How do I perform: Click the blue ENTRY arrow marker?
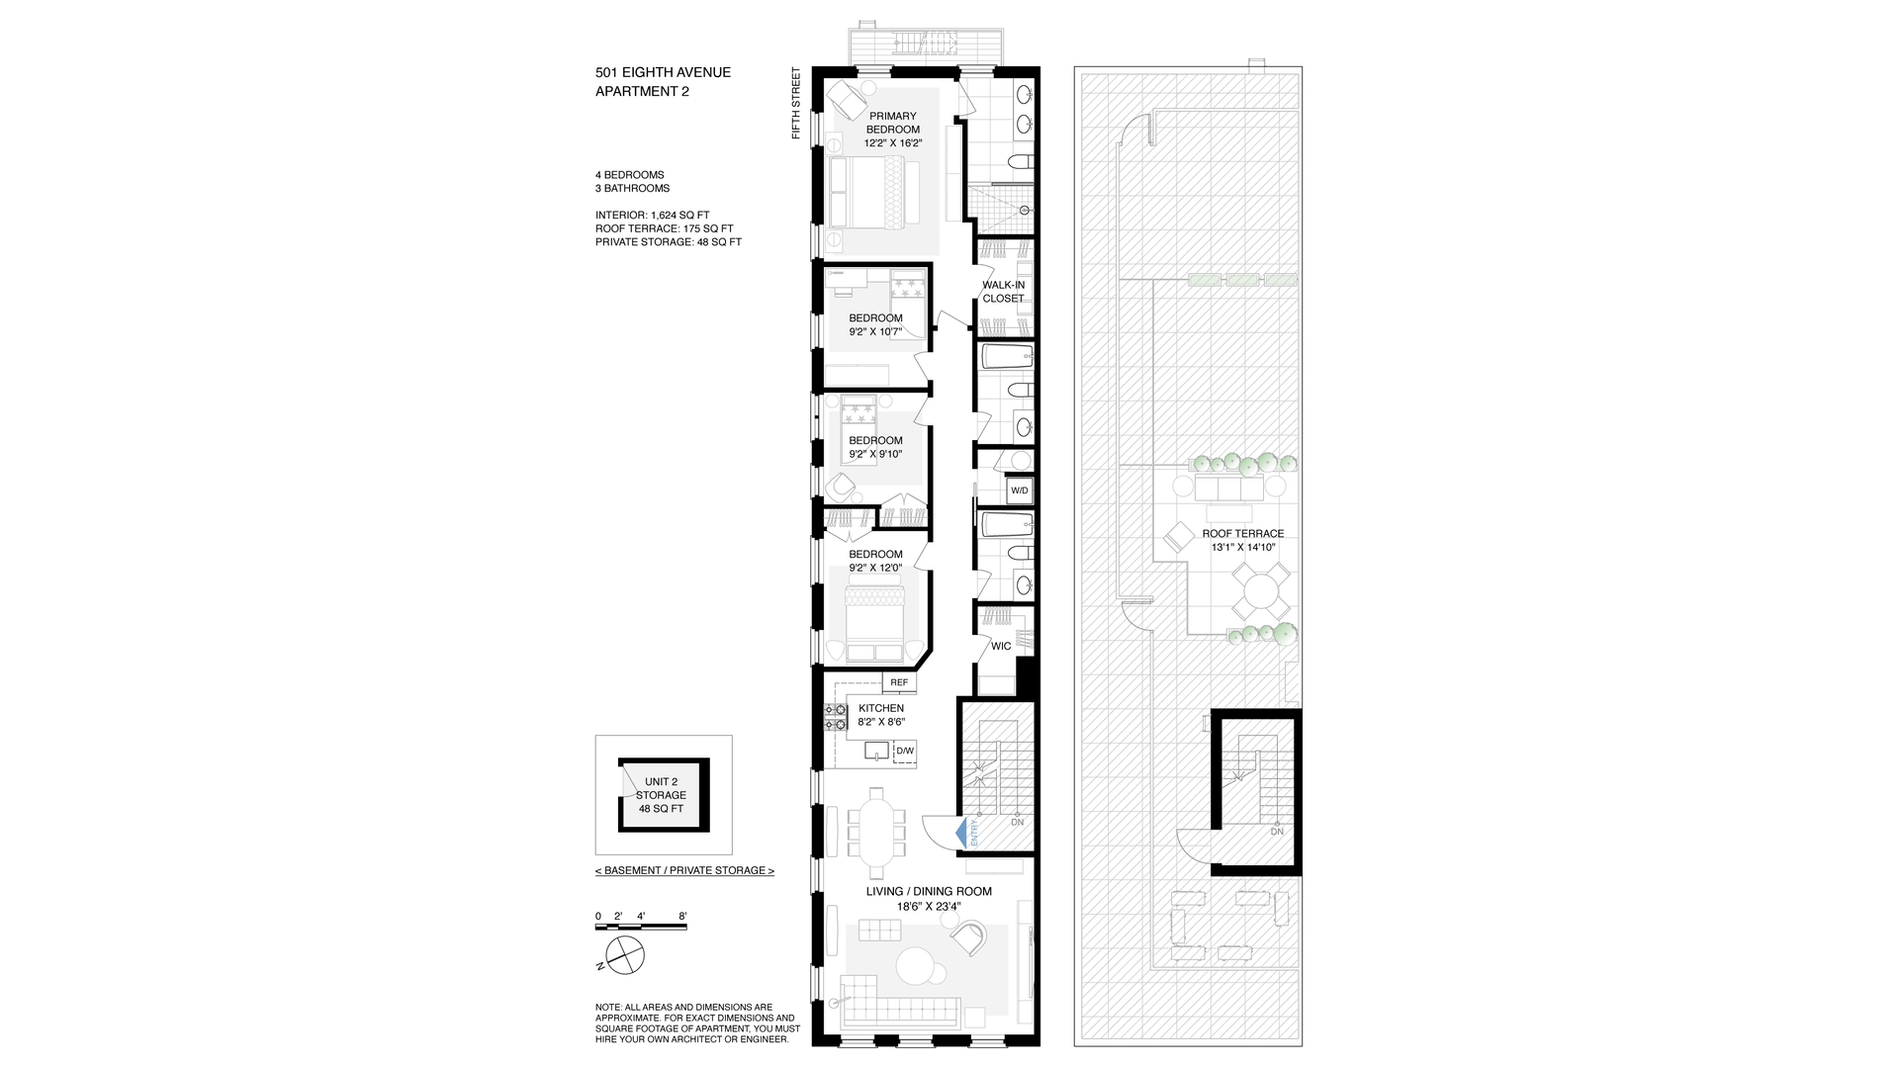pyautogui.click(x=959, y=834)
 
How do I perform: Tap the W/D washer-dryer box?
pyautogui.click(x=1019, y=490)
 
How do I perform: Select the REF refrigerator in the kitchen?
pyautogui.click(x=898, y=682)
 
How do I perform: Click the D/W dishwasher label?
pyautogui.click(x=904, y=752)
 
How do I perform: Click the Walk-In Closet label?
pyautogui.click(x=1003, y=292)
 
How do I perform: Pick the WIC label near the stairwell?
pyautogui.click(x=1001, y=646)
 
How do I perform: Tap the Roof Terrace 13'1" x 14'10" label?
pyautogui.click(x=1242, y=540)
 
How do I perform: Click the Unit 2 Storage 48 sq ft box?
pyautogui.click(x=661, y=795)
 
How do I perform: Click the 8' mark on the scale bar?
pyautogui.click(x=682, y=916)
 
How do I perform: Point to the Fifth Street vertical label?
pyautogui.click(x=795, y=103)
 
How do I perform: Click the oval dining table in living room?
pyautogui.click(x=876, y=833)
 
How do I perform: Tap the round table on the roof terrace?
pyautogui.click(x=1261, y=591)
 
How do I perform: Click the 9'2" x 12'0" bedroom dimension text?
pyautogui.click(x=875, y=568)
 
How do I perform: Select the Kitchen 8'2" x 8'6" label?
pyautogui.click(x=880, y=715)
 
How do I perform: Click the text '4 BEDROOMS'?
pyautogui.click(x=629, y=175)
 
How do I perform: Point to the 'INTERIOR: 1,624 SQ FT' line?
pyautogui.click(x=652, y=215)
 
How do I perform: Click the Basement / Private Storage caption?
pyautogui.click(x=684, y=870)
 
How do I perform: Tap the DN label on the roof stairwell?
pyautogui.click(x=1276, y=832)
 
